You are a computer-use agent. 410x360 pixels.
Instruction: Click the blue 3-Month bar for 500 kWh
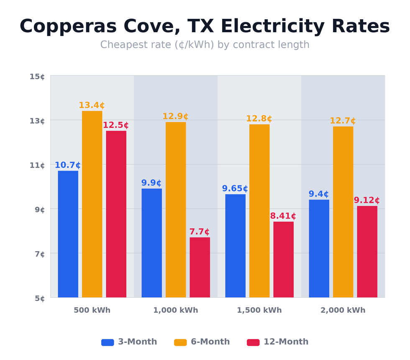68,234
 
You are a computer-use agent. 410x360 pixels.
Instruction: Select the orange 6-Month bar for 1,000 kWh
176,209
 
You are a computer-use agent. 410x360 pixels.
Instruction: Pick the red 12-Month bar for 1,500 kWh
283,259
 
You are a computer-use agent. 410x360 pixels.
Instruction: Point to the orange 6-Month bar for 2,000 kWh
343,212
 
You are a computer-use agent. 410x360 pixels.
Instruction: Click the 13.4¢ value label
92,105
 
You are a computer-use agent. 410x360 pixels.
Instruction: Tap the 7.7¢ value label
200,232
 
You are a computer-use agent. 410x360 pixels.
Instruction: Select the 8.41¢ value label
283,216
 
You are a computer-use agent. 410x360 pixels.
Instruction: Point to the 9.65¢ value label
235,189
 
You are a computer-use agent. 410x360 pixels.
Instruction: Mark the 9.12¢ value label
366,201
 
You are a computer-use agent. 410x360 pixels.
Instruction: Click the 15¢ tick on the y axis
37,77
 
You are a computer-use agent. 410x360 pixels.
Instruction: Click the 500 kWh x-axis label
92,311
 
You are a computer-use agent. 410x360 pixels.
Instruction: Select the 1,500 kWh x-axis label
259,311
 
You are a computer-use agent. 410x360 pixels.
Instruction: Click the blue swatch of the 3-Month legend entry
108,342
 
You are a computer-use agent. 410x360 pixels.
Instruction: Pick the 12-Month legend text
286,342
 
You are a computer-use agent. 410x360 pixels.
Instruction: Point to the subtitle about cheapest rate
205,45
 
